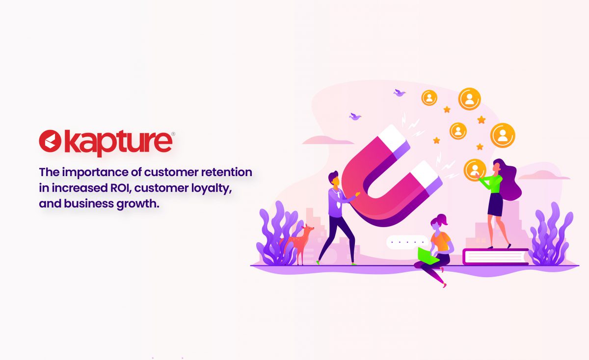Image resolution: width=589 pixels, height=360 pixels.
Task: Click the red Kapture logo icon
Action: coord(50,141)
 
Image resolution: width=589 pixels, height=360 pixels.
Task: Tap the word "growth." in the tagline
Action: coord(138,204)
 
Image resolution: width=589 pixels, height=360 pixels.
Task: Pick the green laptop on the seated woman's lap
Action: coord(428,256)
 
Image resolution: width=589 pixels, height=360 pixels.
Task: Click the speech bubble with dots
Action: coord(407,242)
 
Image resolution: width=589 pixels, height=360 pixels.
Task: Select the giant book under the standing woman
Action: coord(496,257)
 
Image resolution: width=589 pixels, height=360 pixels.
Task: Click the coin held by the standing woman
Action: coord(475,170)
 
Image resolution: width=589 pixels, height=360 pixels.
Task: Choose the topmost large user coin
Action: coord(469,99)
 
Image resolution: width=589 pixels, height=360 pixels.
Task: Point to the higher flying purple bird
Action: coord(400,93)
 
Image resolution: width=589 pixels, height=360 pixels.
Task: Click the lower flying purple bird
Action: coord(355,116)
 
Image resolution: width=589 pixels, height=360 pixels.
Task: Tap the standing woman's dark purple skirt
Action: coord(495,205)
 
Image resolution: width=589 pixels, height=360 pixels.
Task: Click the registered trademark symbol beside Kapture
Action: coord(173,134)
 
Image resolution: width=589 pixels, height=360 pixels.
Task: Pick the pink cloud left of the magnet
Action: coord(328,140)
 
